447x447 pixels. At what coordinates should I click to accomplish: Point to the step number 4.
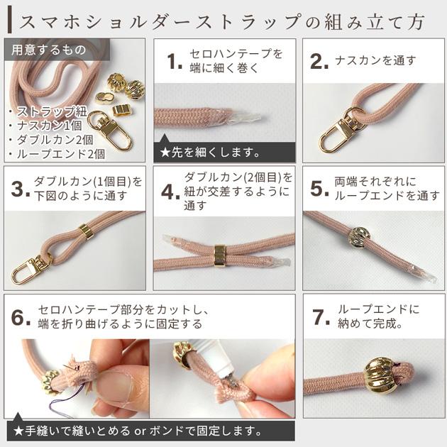pos(169,190)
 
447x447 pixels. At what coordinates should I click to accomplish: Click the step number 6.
pos(20,317)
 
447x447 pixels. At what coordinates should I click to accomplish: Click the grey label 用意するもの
pos(48,50)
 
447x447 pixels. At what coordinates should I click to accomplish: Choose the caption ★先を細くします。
pos(210,151)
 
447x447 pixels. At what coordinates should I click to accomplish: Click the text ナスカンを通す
pos(375,61)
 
